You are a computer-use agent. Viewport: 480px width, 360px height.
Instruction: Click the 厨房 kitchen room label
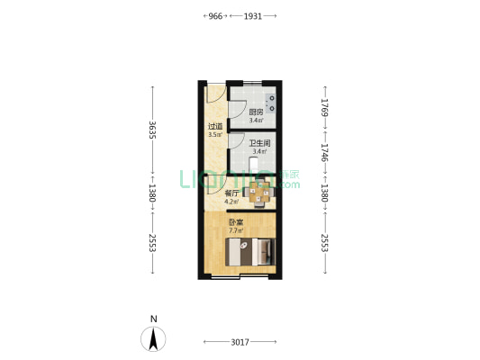click(x=256, y=112)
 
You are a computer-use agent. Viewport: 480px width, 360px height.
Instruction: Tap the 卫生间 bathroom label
click(x=261, y=142)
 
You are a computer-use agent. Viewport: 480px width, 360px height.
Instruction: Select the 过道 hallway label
click(x=214, y=127)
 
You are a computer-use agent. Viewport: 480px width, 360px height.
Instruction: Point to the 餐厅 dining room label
click(x=231, y=193)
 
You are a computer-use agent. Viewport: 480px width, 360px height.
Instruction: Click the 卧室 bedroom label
click(x=235, y=222)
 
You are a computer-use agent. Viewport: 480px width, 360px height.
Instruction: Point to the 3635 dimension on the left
click(x=153, y=130)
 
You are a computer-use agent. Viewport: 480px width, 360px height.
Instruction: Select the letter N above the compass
click(x=154, y=319)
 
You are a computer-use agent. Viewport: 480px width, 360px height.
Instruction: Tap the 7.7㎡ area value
click(x=235, y=231)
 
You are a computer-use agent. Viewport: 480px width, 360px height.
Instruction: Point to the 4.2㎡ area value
click(x=231, y=202)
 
